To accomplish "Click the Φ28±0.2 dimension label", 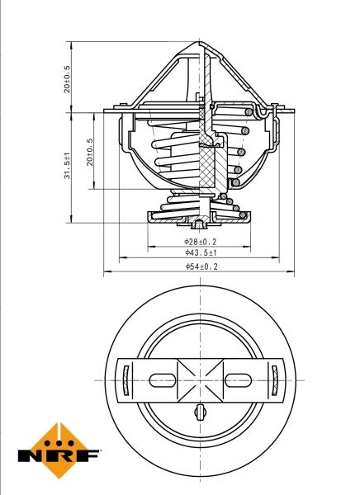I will [200, 242].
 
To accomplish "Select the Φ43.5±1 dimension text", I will [200, 253].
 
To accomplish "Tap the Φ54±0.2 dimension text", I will [200, 266].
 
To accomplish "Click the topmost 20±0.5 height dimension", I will [69, 79].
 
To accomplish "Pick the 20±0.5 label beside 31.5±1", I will [90, 152].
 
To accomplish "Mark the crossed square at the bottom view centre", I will [200, 380].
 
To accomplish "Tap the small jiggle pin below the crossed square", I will [200, 412].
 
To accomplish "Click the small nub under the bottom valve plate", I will [199, 224].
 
